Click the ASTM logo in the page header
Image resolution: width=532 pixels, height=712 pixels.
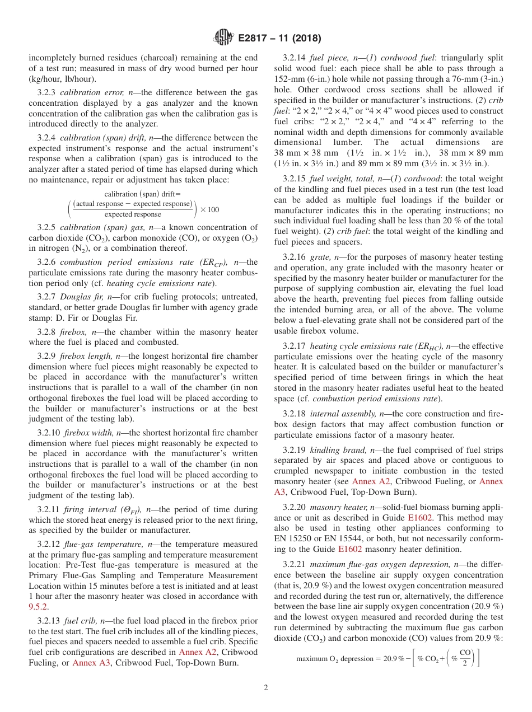click(x=224, y=38)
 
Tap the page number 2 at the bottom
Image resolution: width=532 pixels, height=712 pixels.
click(x=266, y=688)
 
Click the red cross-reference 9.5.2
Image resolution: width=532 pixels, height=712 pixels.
click(x=38, y=607)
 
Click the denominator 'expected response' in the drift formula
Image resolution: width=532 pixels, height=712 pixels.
click(x=133, y=214)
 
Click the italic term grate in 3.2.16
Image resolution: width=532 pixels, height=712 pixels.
click(x=327, y=257)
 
